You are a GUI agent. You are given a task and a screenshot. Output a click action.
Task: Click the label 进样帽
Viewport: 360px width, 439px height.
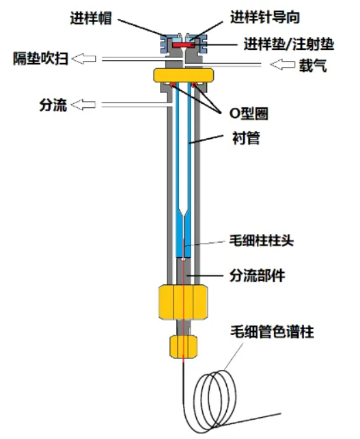point(91,18)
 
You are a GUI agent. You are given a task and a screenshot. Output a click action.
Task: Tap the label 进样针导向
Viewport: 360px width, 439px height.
point(265,17)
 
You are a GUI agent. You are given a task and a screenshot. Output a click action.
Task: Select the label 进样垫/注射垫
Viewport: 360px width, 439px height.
point(289,44)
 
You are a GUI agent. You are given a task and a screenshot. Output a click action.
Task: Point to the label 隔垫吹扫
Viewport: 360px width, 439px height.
point(41,59)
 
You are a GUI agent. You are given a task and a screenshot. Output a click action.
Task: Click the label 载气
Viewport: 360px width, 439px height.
point(313,66)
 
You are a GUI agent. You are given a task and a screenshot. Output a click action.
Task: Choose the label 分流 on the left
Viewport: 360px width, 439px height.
point(53,105)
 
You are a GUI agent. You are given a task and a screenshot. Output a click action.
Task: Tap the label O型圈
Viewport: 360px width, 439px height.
point(249,114)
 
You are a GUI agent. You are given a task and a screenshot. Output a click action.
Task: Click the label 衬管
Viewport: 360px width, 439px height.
point(246,138)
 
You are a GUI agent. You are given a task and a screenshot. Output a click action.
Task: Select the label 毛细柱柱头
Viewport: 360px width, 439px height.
point(262,241)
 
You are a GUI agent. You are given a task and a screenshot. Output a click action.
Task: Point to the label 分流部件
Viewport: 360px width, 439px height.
point(258,276)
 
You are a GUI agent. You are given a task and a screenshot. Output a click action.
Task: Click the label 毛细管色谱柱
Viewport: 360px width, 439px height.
point(272,332)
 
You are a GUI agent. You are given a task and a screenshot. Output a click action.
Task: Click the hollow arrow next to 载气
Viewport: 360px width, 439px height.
point(283,64)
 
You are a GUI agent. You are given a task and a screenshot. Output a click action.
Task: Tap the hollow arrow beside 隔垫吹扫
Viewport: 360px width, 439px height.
point(84,59)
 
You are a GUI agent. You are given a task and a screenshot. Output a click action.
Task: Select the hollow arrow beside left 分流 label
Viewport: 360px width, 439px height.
point(83,105)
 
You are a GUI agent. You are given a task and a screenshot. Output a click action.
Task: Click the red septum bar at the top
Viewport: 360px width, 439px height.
point(183,45)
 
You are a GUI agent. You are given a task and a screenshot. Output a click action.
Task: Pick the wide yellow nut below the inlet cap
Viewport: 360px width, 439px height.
point(184,75)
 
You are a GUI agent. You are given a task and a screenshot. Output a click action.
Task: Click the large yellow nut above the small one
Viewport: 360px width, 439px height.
point(183,302)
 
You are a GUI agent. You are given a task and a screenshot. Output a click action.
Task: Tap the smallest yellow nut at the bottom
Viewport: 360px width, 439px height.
point(184,347)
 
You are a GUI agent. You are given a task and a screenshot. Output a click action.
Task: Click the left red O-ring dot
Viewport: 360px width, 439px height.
point(173,84)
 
